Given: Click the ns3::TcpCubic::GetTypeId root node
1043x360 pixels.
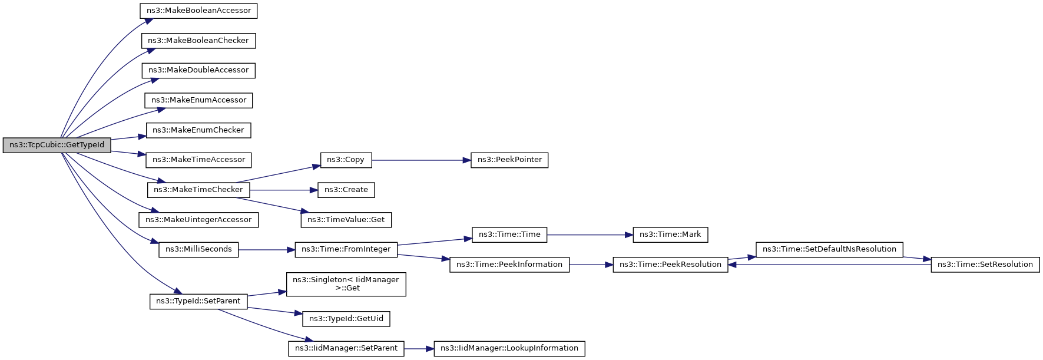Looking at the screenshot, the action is click(x=57, y=145).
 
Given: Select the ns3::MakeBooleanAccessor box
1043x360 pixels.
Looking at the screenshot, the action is click(x=198, y=11).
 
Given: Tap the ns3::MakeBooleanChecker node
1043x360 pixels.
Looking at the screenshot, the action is click(x=198, y=41).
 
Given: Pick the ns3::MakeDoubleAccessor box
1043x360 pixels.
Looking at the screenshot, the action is click(x=198, y=70).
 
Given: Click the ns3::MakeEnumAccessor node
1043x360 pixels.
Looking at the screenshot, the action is click(x=198, y=100).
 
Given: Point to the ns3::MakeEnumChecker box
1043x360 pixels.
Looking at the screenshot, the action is click(x=198, y=130).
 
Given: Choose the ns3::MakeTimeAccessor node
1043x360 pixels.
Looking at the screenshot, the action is click(x=198, y=160).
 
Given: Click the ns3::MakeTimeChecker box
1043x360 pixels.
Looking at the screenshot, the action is click(x=198, y=190).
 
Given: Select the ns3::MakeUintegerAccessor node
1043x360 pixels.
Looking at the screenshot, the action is click(x=198, y=220).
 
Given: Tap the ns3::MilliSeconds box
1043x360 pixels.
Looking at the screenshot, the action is click(x=198, y=249).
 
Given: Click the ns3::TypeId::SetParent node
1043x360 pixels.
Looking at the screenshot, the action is click(x=198, y=301).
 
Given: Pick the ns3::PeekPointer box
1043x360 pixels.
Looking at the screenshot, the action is click(x=509, y=160).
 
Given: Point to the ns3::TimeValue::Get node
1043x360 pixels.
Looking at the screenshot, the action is click(x=346, y=220).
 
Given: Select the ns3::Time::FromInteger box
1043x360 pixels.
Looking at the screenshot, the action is click(x=346, y=249).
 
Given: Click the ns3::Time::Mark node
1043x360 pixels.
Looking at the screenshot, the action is click(x=670, y=235).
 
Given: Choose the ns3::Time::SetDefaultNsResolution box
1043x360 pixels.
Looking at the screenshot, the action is click(x=829, y=249).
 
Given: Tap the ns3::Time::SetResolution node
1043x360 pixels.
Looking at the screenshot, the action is click(x=985, y=265).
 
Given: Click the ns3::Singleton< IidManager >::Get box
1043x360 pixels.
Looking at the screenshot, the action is click(x=346, y=284).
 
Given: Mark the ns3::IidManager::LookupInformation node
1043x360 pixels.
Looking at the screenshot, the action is click(x=509, y=348).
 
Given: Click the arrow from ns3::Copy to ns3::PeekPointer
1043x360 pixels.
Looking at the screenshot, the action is click(x=421, y=160).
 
